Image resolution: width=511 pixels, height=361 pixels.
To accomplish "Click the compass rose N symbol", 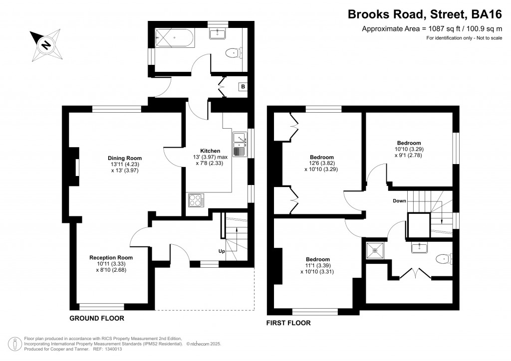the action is [x=46, y=44].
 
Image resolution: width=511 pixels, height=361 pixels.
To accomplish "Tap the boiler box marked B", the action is [x=243, y=87].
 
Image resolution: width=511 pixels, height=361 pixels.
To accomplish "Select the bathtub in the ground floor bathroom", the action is [x=175, y=37].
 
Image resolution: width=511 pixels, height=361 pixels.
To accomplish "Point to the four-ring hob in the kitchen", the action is [x=196, y=200].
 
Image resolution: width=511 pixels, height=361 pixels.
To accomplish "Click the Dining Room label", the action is [x=125, y=158].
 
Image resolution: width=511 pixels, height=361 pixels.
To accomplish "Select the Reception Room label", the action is [x=111, y=257].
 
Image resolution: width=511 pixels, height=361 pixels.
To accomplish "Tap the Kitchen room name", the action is [x=210, y=151].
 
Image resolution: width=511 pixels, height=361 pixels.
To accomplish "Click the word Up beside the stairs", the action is [x=222, y=251].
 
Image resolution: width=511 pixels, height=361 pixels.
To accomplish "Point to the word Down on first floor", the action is [x=399, y=200].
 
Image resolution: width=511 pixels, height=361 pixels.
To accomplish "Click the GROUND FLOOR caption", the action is [x=97, y=318].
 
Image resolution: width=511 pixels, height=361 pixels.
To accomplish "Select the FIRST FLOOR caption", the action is [x=288, y=323].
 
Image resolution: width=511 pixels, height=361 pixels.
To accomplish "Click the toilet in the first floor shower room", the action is [x=444, y=259].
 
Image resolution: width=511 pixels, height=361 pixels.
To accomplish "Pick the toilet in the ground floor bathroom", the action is [x=234, y=52].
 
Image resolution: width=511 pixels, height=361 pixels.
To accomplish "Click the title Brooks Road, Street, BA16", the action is [x=425, y=14].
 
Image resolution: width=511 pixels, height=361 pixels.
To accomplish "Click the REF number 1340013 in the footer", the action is [x=112, y=349].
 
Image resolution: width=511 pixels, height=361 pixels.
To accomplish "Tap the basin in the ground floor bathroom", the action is [x=218, y=34].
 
